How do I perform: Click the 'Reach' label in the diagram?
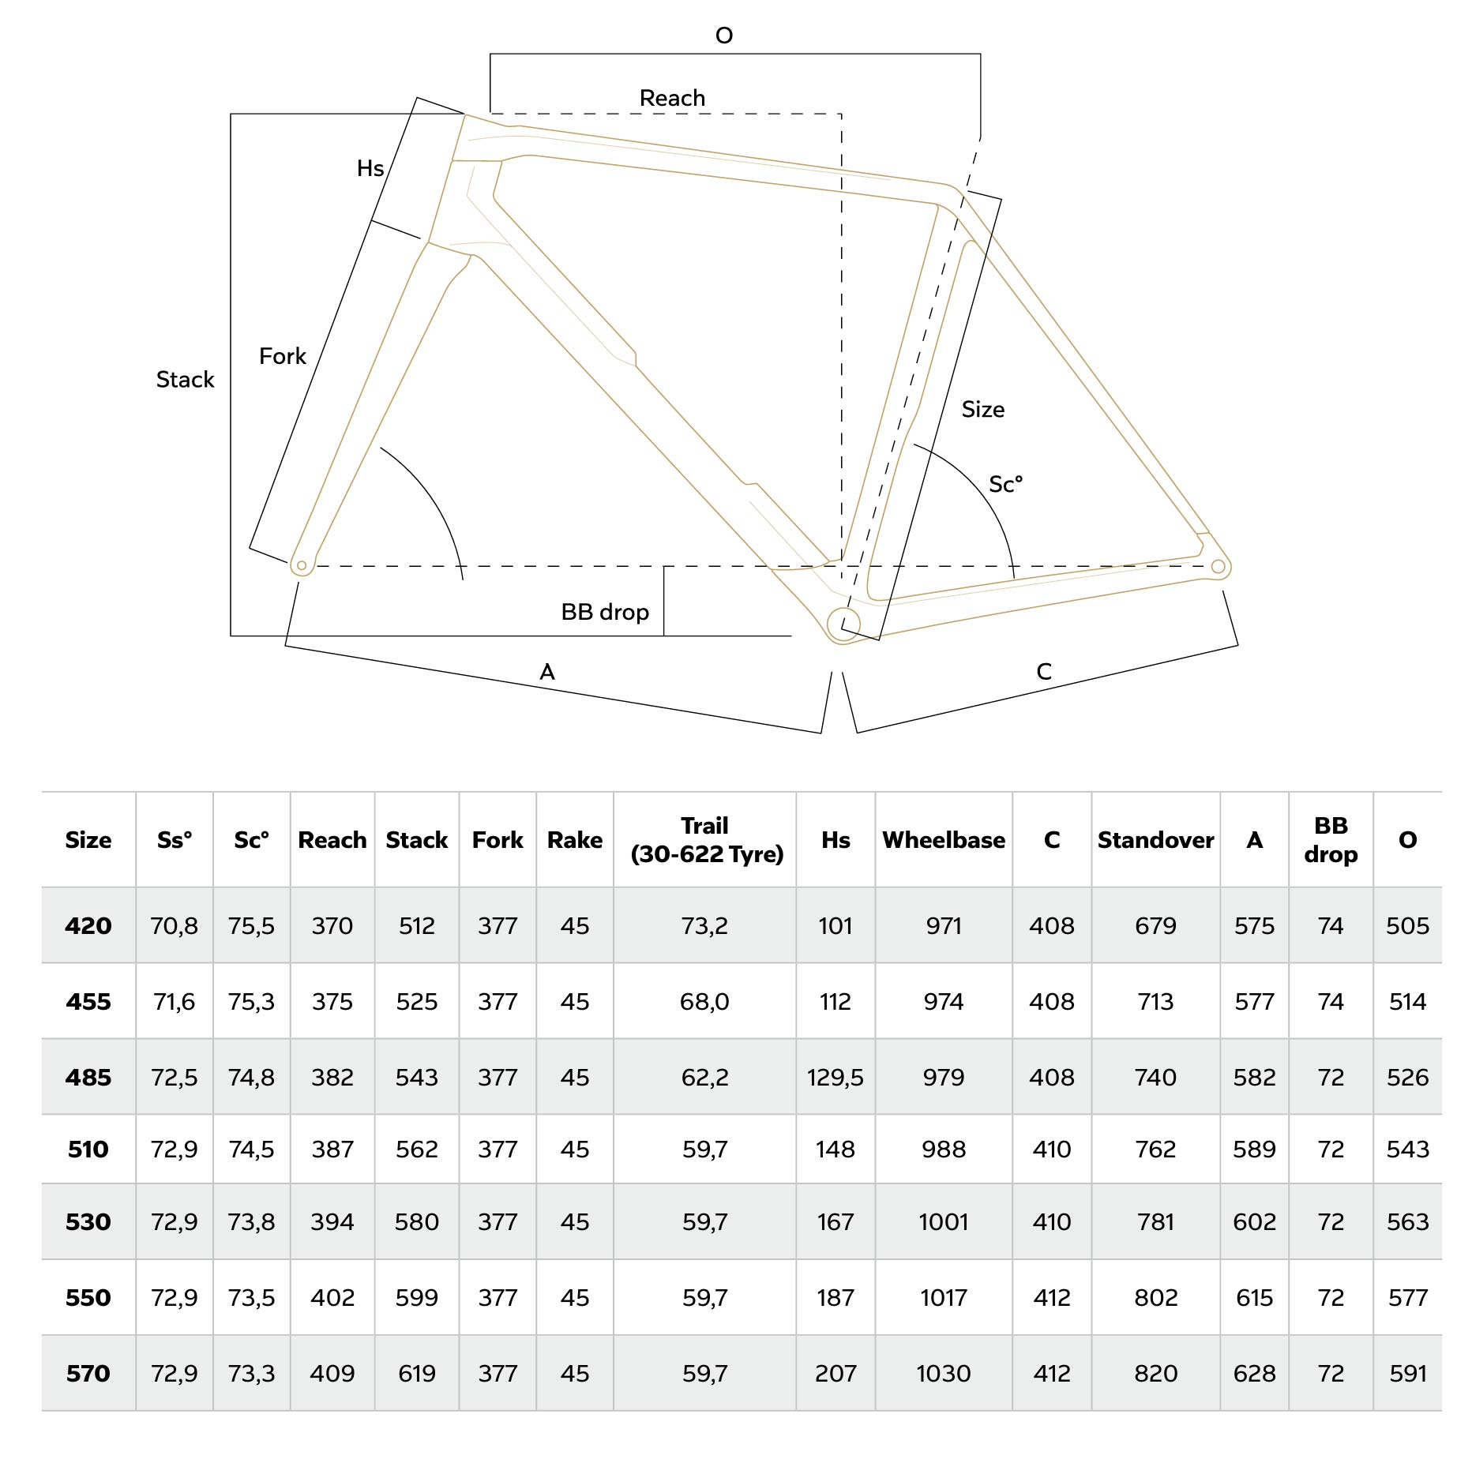click(672, 98)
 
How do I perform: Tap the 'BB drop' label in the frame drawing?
click(605, 612)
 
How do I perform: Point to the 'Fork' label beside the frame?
click(282, 356)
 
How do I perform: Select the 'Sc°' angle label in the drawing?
click(1005, 484)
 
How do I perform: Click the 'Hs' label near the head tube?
click(370, 168)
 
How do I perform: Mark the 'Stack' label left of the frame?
click(185, 380)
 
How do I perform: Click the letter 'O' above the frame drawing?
click(723, 36)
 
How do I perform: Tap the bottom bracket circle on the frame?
click(843, 624)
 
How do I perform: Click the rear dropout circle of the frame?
click(1218, 566)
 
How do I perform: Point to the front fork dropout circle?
click(302, 565)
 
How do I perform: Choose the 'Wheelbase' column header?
click(944, 839)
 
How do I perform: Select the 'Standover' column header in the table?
click(1155, 839)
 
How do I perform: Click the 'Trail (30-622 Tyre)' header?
click(705, 839)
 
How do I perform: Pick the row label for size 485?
click(88, 1077)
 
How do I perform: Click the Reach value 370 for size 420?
click(332, 925)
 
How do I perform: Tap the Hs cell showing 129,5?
click(835, 1077)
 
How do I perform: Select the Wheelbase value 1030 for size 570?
click(944, 1373)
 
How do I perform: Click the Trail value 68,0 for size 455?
click(704, 1001)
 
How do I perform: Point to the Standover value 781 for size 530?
click(1155, 1221)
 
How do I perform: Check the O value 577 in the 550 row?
click(1407, 1297)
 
